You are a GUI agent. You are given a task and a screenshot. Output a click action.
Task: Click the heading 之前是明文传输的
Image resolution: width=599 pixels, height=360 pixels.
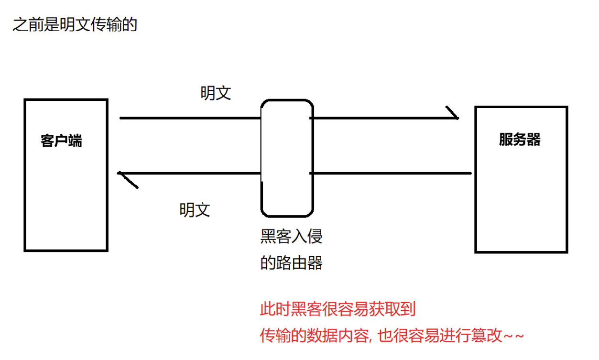click(x=75, y=24)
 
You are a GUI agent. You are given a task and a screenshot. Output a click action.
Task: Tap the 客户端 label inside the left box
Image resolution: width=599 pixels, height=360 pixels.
click(x=61, y=141)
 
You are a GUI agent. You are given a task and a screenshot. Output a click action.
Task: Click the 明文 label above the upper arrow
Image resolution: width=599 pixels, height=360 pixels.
click(x=216, y=93)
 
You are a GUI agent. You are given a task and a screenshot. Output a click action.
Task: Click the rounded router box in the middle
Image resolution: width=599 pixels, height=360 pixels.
click(x=287, y=158)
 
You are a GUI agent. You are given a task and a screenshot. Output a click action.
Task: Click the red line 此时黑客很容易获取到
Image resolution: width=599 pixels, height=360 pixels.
click(x=338, y=309)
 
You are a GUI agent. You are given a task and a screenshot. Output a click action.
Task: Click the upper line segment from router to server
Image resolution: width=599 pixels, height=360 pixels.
click(x=382, y=118)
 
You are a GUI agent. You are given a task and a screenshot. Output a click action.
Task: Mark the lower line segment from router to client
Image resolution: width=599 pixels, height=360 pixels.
click(x=191, y=173)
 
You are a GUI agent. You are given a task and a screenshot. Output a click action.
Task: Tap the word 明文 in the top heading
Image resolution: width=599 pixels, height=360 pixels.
click(x=75, y=24)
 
